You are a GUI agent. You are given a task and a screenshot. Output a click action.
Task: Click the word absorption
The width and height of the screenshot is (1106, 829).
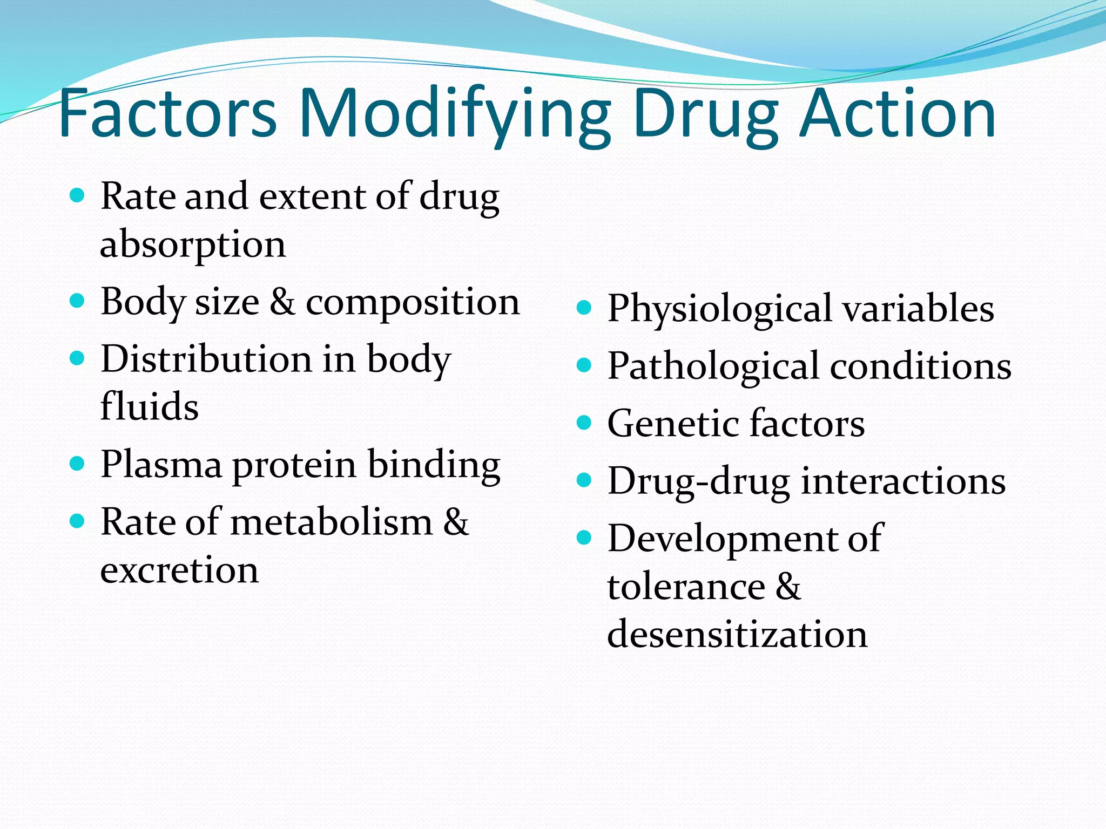[x=193, y=244]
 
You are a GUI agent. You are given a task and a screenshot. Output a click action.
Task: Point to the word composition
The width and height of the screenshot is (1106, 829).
[x=413, y=302]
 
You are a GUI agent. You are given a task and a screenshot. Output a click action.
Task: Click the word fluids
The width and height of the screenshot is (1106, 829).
[x=150, y=406]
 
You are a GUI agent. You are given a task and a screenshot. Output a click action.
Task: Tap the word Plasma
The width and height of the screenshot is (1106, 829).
[x=161, y=465]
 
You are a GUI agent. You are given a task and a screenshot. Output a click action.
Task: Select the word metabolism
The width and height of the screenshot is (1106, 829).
[x=332, y=522]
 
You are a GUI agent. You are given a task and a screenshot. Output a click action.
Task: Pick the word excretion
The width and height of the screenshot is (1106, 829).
[x=179, y=570]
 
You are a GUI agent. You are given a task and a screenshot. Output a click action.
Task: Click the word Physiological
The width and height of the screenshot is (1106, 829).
[x=719, y=309]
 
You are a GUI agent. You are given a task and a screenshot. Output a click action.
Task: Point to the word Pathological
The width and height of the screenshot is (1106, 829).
[x=713, y=366]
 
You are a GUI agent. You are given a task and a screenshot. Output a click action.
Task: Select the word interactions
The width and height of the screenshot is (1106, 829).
[x=903, y=481]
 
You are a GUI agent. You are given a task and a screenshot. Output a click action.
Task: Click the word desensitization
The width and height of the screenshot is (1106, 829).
[x=737, y=634]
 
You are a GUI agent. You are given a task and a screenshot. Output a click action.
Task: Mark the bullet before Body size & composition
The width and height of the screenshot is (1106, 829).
[x=78, y=301]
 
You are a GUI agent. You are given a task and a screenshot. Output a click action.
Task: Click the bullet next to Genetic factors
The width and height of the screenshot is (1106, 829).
[x=584, y=423]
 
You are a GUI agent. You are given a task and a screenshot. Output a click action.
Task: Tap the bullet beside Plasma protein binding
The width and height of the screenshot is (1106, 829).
[x=78, y=463]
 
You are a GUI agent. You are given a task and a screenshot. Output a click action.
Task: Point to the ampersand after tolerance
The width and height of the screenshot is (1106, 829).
[x=788, y=586]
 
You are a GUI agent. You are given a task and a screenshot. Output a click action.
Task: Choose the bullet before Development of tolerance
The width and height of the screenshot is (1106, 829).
[x=584, y=538]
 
